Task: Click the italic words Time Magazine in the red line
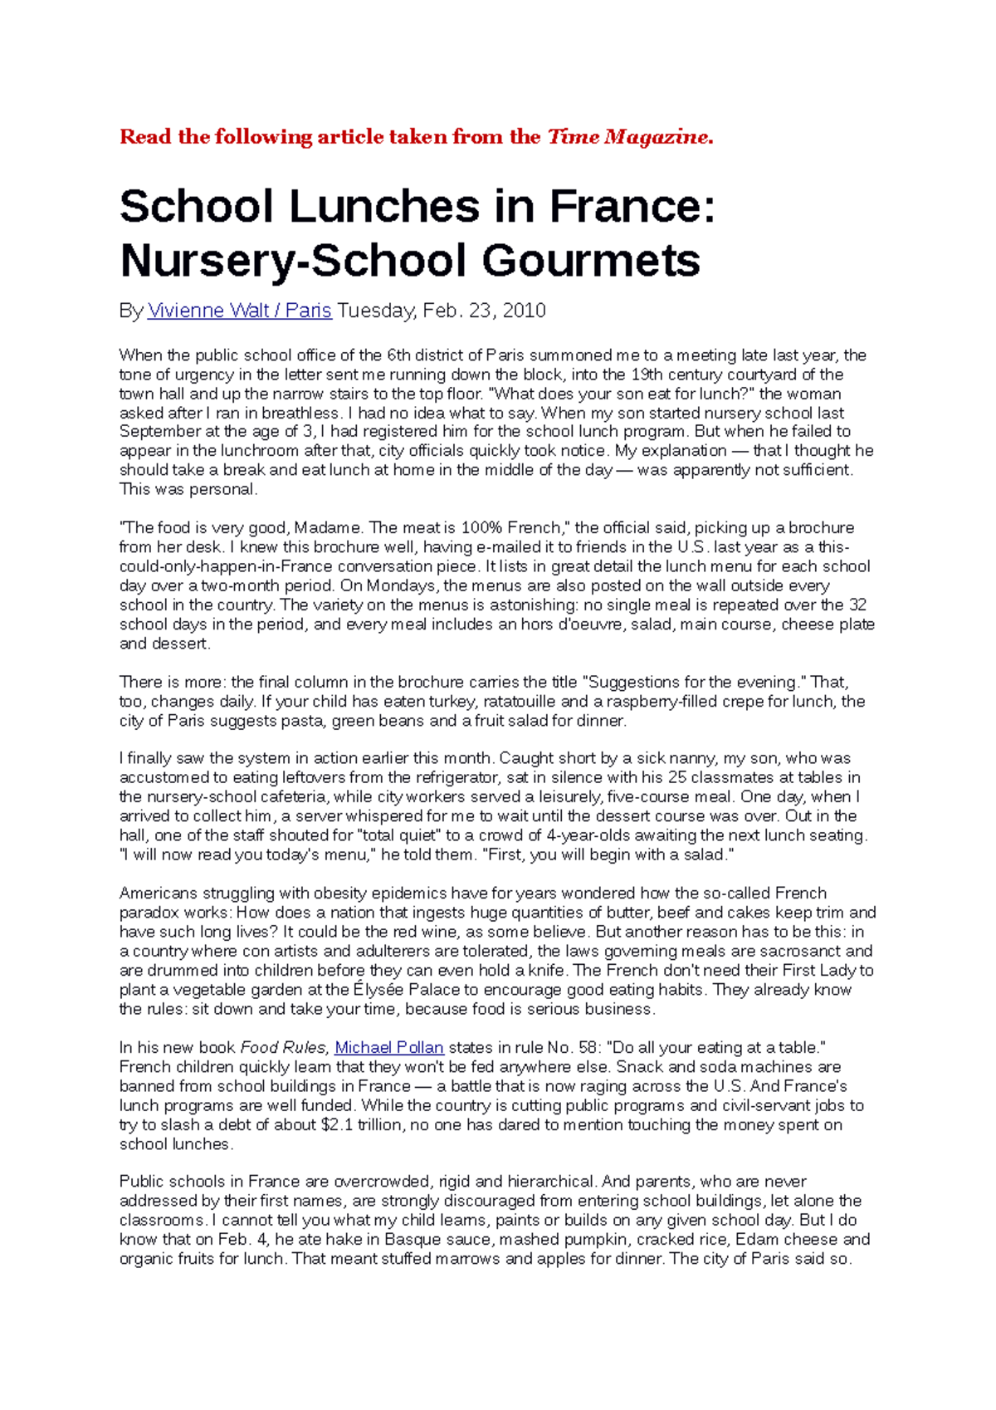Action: pos(628,137)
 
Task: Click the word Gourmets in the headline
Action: pos(591,261)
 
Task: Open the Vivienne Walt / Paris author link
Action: pos(239,311)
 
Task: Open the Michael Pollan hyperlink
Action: pos(388,1048)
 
